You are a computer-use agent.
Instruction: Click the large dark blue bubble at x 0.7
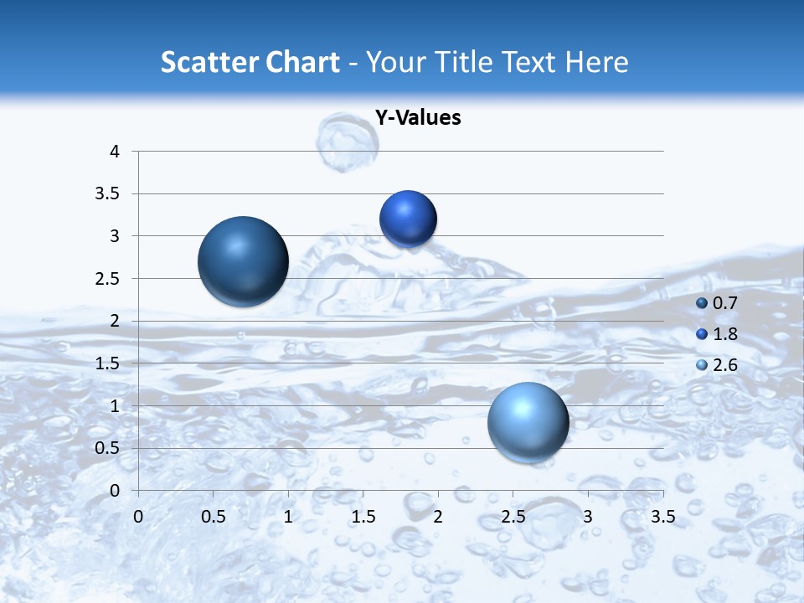[x=243, y=261]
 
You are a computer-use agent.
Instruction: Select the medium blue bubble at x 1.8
[x=408, y=219]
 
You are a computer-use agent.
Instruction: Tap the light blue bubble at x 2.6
[x=528, y=422]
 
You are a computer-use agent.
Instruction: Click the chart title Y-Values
[x=418, y=118]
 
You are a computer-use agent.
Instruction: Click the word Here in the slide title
[x=596, y=62]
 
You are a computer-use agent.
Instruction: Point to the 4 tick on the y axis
[x=116, y=152]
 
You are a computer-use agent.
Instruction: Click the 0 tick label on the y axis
[x=116, y=490]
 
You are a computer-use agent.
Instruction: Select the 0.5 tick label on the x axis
[x=213, y=517]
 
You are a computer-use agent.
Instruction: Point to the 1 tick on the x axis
[x=288, y=517]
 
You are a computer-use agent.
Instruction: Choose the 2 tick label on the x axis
[x=438, y=517]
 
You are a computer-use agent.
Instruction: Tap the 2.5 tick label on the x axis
[x=513, y=517]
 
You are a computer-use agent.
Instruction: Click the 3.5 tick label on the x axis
[x=662, y=517]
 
